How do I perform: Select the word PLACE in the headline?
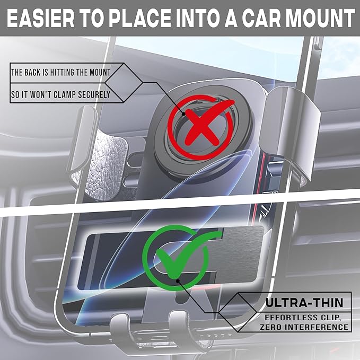[140, 18]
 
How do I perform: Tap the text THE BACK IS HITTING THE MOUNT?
[61, 73]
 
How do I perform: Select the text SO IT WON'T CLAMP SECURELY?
[61, 94]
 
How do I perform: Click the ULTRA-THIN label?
[304, 303]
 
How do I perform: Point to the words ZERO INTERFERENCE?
[304, 327]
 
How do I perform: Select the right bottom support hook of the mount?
[181, 328]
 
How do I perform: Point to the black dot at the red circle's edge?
[183, 114]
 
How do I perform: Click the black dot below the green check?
[178, 281]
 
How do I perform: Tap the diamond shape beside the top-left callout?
[124, 82]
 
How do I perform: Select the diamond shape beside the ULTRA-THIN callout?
[238, 312]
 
